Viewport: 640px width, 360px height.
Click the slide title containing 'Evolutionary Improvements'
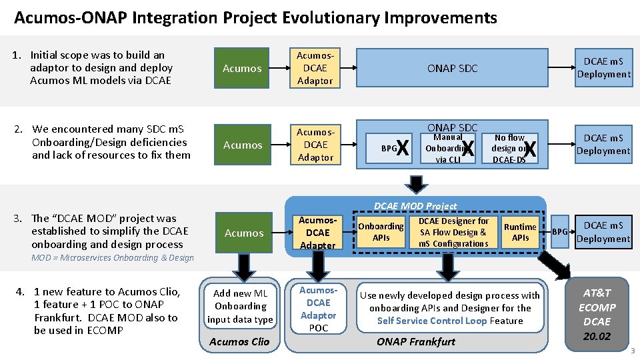255,17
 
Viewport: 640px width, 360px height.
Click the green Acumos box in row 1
242,68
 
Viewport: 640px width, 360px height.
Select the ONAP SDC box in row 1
452,68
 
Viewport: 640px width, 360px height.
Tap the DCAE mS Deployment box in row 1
603,68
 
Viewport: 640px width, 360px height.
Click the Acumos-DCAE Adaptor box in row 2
315,145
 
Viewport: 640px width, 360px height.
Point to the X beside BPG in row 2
402,148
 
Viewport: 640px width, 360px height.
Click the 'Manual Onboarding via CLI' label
447,148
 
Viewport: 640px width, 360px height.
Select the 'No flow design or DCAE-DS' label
509,148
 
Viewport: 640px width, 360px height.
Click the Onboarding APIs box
381,232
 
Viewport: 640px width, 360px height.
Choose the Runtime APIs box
520,232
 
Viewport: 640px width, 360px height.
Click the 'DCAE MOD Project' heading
415,206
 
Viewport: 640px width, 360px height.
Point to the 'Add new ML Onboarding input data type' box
240,306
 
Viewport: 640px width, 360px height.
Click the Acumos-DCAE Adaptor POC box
318,309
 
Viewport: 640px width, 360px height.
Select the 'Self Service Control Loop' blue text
441,321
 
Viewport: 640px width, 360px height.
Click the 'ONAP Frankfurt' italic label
415,341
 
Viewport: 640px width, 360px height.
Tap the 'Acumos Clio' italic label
239,341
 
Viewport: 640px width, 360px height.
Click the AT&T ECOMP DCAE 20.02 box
597,314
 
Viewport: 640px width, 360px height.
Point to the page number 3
632,351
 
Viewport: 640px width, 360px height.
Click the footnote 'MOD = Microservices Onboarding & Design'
113,258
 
